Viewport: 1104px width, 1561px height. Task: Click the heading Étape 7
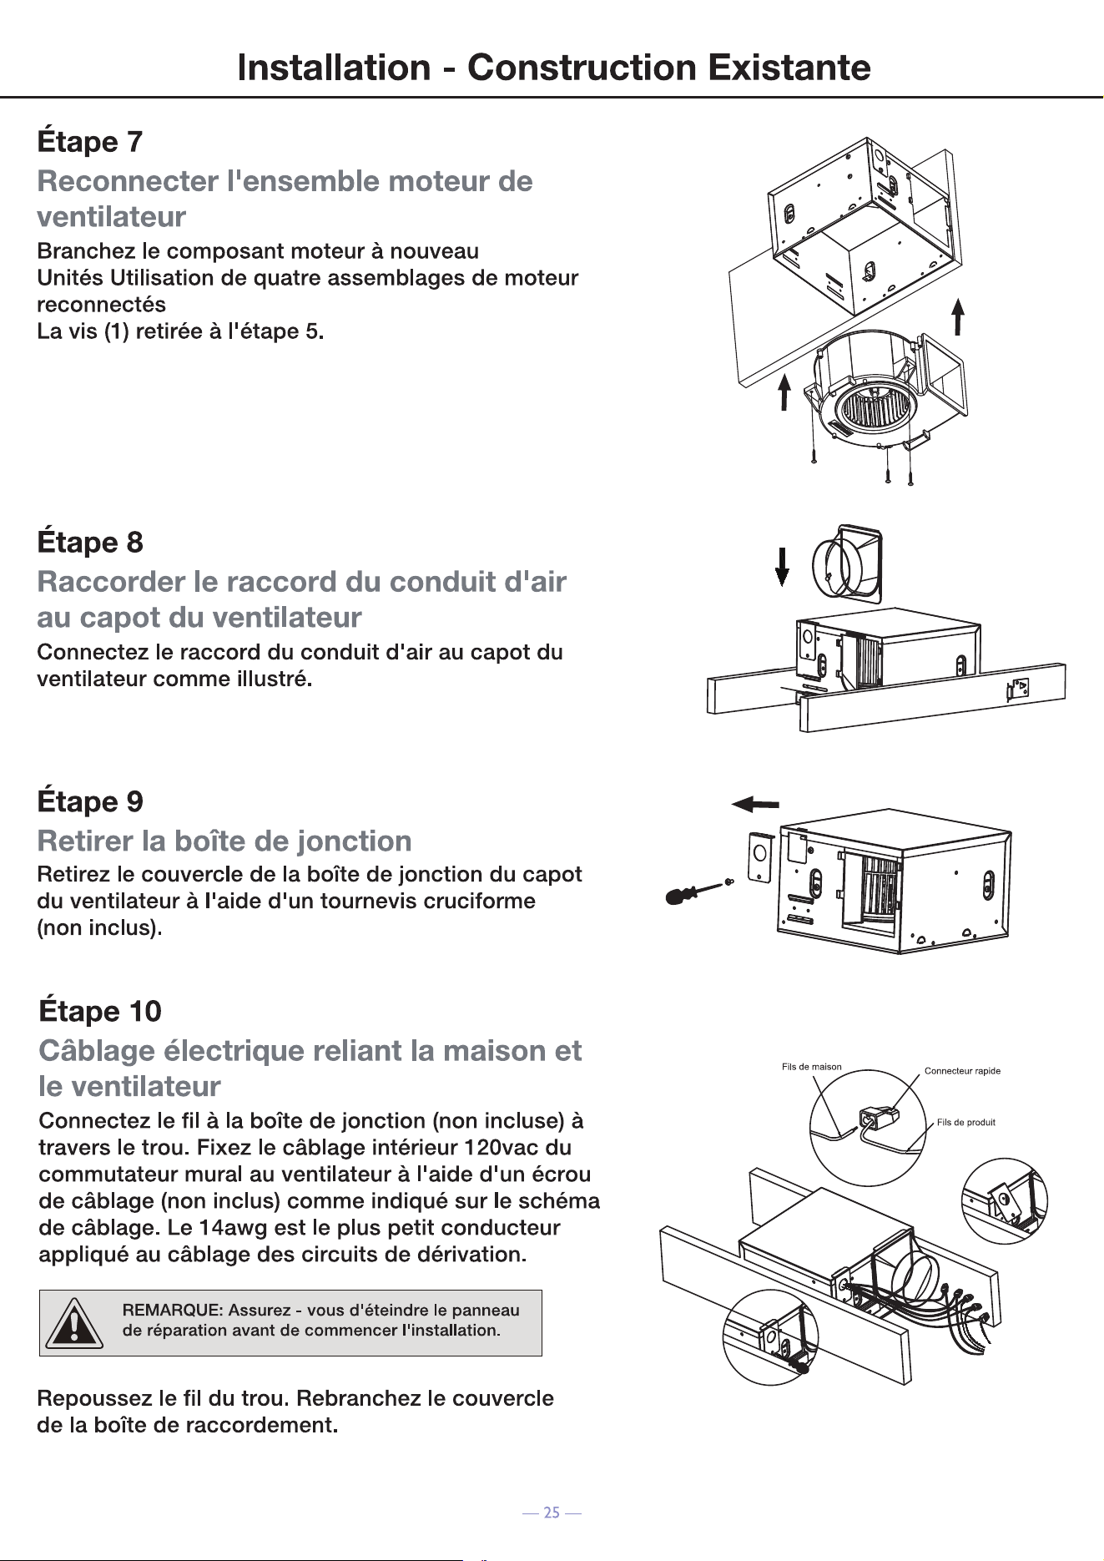coord(90,141)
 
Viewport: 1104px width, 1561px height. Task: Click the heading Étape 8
coord(90,542)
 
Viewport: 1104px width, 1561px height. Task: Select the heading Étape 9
coord(90,801)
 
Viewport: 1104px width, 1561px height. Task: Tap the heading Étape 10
coord(100,1011)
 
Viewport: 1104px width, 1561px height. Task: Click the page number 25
coord(552,1513)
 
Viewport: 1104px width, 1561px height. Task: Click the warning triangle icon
coord(74,1323)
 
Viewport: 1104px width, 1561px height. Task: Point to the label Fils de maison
coord(812,1067)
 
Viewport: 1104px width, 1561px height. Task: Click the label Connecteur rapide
coord(962,1071)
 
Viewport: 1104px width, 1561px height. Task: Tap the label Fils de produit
coord(966,1122)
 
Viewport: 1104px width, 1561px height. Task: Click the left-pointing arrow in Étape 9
coord(755,804)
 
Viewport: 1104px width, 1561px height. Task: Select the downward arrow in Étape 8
coord(782,566)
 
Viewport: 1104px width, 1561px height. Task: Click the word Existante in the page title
coord(789,67)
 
